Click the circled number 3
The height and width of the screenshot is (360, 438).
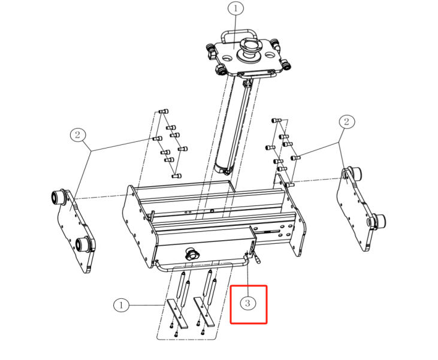point(247,303)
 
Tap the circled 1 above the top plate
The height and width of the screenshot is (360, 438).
point(235,8)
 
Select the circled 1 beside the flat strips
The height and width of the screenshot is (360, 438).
point(121,305)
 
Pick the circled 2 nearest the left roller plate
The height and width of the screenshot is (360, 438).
point(78,135)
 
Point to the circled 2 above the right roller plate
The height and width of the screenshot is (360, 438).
point(347,122)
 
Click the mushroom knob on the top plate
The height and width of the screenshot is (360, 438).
point(249,50)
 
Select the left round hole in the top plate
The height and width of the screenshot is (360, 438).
point(227,58)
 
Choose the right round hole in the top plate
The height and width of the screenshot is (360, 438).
point(269,55)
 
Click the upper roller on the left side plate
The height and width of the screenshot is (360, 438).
point(59,197)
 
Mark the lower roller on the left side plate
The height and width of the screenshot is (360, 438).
point(83,244)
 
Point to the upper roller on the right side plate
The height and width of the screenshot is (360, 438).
point(354,174)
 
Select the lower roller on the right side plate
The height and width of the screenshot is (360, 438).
point(377,221)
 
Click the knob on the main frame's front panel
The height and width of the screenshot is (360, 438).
point(192,254)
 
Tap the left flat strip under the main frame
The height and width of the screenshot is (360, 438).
point(177,313)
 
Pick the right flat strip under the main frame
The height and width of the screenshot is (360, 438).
point(204,311)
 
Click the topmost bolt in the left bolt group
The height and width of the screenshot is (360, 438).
point(164,111)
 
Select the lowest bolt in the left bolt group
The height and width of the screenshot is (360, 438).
point(177,176)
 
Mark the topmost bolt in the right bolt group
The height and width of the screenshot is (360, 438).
point(276,120)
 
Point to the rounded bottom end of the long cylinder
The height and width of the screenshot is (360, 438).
point(223,169)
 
